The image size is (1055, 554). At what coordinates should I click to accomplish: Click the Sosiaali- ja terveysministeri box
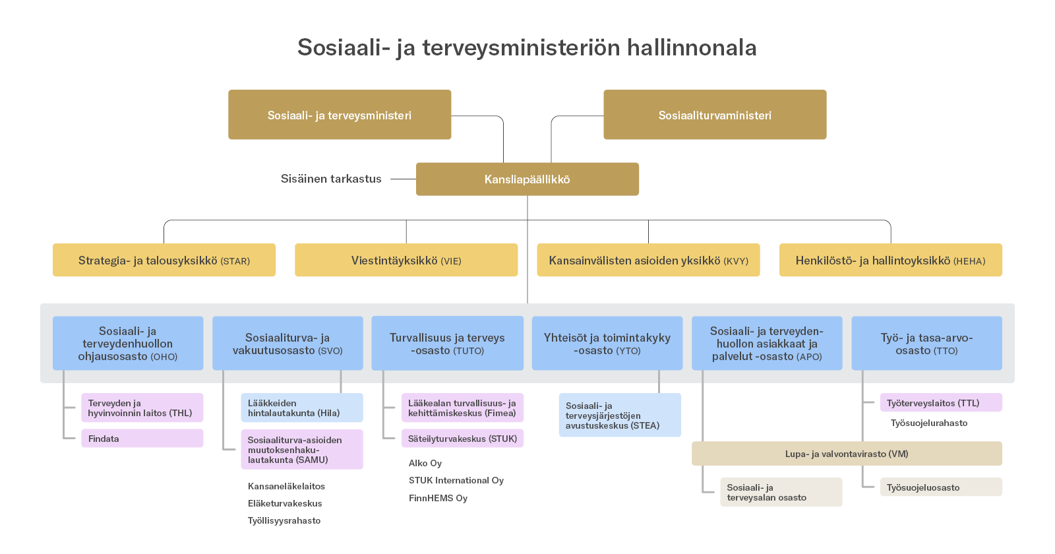pyautogui.click(x=340, y=115)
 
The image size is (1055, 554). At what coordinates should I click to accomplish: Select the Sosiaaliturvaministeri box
pyautogui.click(x=715, y=115)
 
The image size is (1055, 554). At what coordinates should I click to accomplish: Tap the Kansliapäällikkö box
pyautogui.click(x=527, y=179)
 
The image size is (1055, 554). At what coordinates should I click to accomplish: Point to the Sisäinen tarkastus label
pyautogui.click(x=331, y=179)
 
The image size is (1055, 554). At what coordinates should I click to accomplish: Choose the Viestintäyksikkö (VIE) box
pyautogui.click(x=406, y=261)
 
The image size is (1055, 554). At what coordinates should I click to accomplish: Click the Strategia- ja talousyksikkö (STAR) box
pyautogui.click(x=164, y=261)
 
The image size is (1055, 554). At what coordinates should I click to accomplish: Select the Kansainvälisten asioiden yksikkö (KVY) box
pyautogui.click(x=648, y=261)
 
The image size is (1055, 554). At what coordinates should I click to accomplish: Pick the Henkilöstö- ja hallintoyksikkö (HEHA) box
pyautogui.click(x=890, y=261)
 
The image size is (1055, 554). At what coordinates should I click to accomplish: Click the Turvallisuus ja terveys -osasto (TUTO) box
pyautogui.click(x=447, y=344)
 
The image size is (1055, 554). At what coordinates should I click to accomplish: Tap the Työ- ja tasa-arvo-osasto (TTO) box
pyautogui.click(x=926, y=344)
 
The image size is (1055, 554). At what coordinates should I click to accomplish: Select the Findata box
pyautogui.click(x=142, y=439)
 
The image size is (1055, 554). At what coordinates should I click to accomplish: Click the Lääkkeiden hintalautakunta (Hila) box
pyautogui.click(x=301, y=408)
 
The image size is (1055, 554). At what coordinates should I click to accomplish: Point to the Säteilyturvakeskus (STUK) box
pyautogui.click(x=462, y=439)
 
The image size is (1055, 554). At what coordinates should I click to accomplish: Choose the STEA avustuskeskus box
pyautogui.click(x=620, y=415)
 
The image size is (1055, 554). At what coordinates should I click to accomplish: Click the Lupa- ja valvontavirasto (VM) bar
pyautogui.click(x=847, y=454)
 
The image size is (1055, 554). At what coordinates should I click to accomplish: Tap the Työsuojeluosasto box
pyautogui.click(x=940, y=487)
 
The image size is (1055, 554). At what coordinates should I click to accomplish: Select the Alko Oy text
pyautogui.click(x=425, y=463)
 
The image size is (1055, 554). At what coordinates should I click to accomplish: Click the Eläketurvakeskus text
pyautogui.click(x=285, y=503)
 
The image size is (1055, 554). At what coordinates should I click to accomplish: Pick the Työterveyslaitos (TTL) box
pyautogui.click(x=940, y=403)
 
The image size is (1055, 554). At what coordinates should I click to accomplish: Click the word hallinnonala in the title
pyautogui.click(x=692, y=47)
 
